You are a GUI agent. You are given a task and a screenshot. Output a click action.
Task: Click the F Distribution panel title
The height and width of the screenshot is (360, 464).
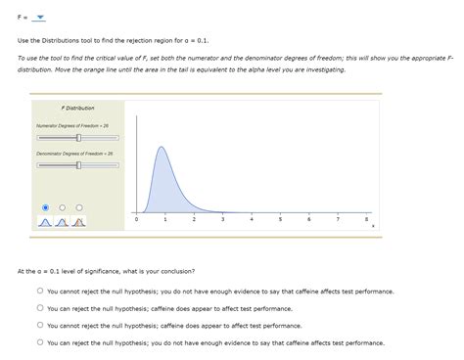pos(77,108)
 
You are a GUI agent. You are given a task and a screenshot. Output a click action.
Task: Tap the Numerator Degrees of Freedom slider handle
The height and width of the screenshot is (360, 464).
pos(78,138)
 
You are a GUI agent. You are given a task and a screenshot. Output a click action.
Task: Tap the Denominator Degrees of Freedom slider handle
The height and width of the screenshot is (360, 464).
pos(78,165)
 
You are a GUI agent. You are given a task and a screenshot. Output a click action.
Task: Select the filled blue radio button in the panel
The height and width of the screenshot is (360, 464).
pos(44,206)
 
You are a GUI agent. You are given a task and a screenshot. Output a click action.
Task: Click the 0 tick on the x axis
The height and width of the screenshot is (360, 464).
pos(137,219)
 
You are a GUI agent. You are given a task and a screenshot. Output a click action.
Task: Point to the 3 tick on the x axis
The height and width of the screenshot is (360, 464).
pos(223,219)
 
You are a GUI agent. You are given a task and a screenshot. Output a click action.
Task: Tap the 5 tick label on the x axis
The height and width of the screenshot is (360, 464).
pos(280,219)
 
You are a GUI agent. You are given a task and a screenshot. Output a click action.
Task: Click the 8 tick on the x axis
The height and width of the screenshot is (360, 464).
pos(366,219)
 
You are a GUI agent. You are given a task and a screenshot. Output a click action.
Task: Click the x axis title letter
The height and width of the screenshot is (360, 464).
pos(373,227)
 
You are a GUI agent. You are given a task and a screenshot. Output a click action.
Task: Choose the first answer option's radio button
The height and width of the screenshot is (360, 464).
pos(40,292)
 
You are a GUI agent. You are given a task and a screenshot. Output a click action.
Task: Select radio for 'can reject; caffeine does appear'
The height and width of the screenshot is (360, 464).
pos(40,308)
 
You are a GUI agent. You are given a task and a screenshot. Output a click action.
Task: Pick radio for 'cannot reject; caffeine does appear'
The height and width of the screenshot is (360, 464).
pos(40,326)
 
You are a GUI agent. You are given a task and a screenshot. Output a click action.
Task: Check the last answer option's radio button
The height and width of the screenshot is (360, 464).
pos(40,342)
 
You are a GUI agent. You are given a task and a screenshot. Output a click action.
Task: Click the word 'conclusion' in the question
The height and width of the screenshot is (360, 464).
pos(176,270)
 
